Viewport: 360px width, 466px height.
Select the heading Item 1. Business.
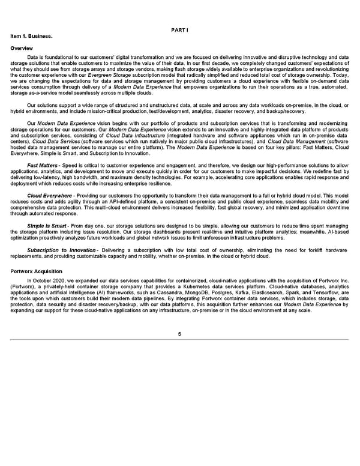(x=29, y=36)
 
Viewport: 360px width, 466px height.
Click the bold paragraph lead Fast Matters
(x=42, y=164)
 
